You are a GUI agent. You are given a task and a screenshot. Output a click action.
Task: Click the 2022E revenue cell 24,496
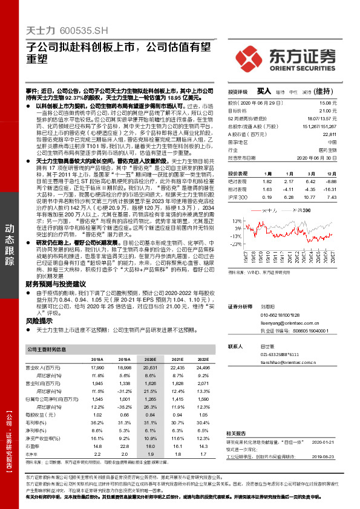pos(203,368)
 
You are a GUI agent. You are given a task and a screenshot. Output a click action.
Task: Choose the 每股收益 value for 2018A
pos(96,415)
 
